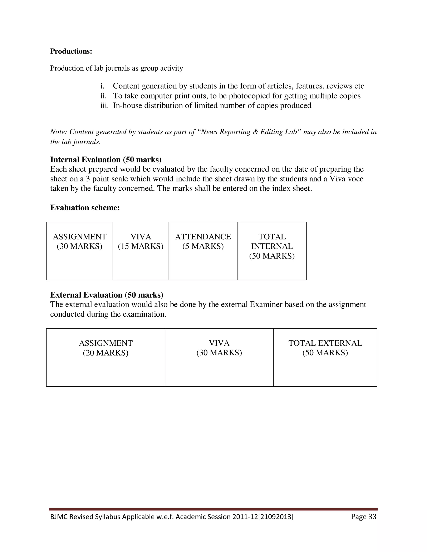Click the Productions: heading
pyautogui.click(x=71, y=51)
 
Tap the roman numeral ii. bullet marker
pyautogui.click(x=103, y=96)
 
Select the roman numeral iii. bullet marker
pyautogui.click(x=104, y=106)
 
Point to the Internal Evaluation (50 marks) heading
pyautogui.click(x=106, y=160)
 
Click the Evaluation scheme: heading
pyautogui.click(x=85, y=208)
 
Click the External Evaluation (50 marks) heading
pyautogui.click(x=107, y=295)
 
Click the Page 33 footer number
pyautogui.click(x=363, y=517)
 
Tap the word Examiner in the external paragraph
pyautogui.click(x=266, y=305)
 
